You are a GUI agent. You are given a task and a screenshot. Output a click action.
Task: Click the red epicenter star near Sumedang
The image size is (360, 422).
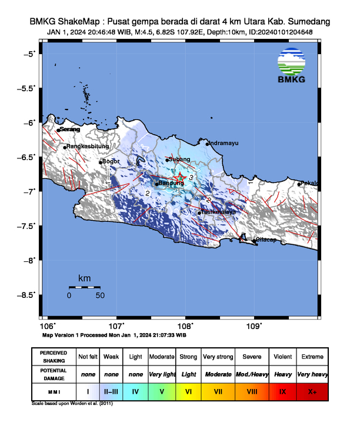[x=182, y=177]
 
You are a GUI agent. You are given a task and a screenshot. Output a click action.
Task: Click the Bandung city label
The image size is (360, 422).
[x=172, y=183]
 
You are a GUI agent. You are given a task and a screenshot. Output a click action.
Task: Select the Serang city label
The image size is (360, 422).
[x=69, y=129]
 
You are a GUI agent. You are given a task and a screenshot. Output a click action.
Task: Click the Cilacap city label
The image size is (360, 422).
[x=266, y=240]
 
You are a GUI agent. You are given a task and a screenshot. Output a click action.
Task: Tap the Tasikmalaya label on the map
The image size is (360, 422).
[x=219, y=211]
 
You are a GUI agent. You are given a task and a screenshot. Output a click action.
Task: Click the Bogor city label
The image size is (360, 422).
[x=111, y=161]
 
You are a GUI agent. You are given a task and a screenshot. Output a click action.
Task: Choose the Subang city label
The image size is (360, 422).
[x=179, y=160]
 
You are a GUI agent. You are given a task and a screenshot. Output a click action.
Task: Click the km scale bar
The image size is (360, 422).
[x=84, y=287]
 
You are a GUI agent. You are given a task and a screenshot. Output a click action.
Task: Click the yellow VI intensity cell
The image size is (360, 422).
[x=188, y=391]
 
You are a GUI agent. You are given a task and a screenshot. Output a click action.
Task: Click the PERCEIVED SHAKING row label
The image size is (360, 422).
[x=54, y=357]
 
